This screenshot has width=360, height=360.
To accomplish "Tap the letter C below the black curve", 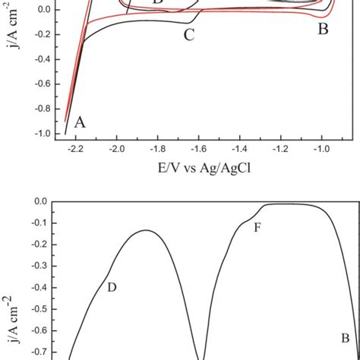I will point(189,33).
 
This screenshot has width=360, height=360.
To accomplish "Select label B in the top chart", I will point(323,30).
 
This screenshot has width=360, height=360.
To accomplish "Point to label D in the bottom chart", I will point(112,287).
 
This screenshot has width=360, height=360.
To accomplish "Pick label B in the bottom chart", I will point(345,337).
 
